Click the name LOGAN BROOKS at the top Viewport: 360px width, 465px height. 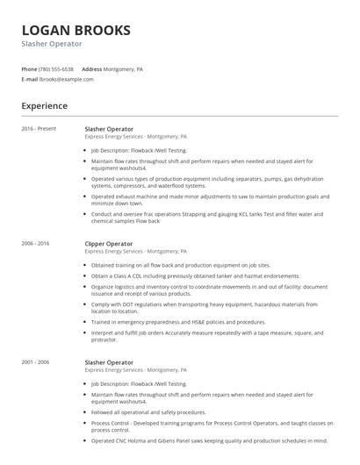76,30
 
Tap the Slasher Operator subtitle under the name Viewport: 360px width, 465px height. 52,43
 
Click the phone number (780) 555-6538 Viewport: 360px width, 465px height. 57,68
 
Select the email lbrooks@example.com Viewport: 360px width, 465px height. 67,79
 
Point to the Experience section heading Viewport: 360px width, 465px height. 45,106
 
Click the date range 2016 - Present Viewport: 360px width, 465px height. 39,129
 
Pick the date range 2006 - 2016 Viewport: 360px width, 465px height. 36,243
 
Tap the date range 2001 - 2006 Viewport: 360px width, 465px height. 36,361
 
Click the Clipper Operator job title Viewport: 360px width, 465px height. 109,243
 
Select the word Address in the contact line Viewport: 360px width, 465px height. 92,68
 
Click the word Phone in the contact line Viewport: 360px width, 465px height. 29,68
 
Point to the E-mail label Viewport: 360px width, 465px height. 29,79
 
